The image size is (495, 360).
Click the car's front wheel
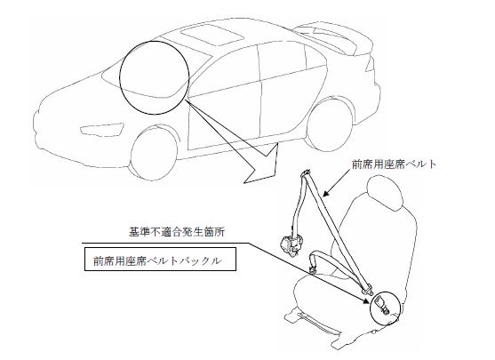[155, 153]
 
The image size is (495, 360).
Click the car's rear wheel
[330, 124]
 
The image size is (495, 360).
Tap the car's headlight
[101, 130]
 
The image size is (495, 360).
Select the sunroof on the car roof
[212, 35]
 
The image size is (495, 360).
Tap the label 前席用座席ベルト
[395, 164]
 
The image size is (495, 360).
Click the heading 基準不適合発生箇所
[177, 232]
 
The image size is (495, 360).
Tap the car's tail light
[371, 65]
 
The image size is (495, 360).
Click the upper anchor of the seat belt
[306, 173]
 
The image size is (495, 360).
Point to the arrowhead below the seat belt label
[326, 192]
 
